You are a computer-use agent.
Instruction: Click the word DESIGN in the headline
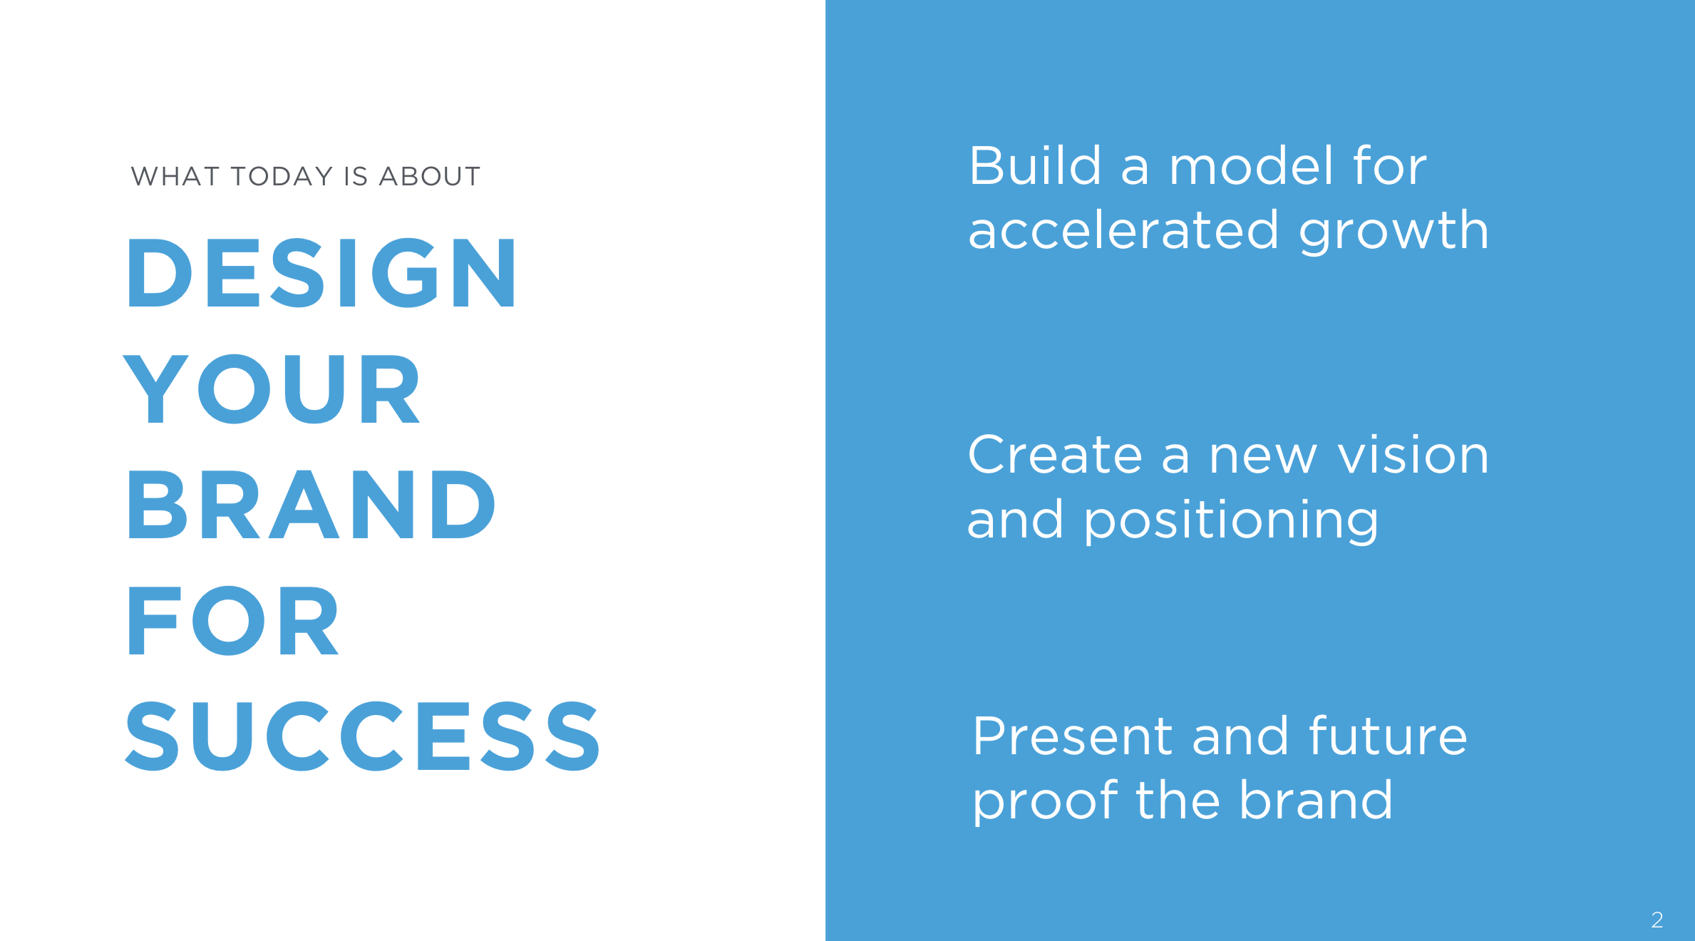(321, 273)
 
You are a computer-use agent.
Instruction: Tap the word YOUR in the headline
(272, 389)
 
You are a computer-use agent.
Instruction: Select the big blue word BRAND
(311, 504)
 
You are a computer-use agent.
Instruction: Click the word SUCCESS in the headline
(363, 736)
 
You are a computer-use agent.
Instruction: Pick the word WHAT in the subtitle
(175, 176)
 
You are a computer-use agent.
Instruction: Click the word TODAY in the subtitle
(282, 176)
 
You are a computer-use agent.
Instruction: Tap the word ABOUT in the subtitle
(430, 176)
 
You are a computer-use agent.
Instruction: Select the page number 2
(1657, 920)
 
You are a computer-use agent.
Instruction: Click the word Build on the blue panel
(1035, 165)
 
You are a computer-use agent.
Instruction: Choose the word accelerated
(1123, 230)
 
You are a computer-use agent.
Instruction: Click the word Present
(1072, 736)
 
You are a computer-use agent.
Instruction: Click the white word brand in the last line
(1316, 799)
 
